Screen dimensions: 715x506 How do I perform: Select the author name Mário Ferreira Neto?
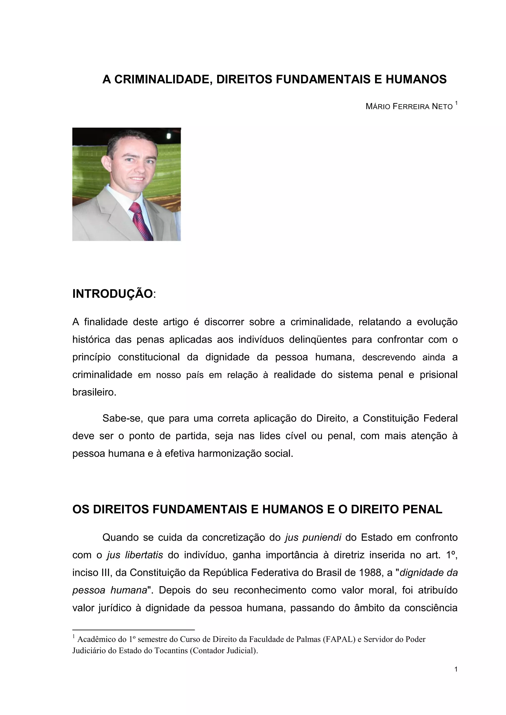tap(409, 107)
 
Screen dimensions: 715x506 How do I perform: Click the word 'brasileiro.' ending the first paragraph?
tap(94, 392)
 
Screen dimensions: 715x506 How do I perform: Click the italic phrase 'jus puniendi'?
tap(313, 538)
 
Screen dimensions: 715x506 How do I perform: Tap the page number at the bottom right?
tap(456, 669)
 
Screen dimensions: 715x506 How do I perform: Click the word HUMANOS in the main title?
tap(416, 79)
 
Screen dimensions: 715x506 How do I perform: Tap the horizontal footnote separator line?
tap(133, 629)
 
